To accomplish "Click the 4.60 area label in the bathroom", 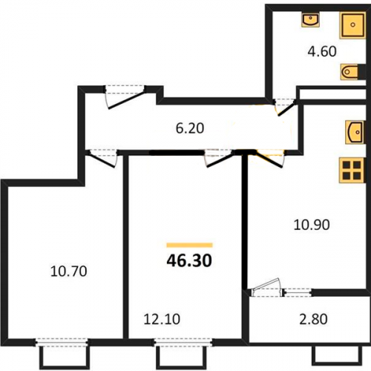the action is [x=322, y=52].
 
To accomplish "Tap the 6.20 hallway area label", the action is [x=190, y=128].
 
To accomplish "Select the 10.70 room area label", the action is [x=68, y=271].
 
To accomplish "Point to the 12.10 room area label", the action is [x=162, y=319].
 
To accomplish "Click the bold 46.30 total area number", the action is [x=189, y=260].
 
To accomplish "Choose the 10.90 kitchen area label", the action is [x=312, y=225].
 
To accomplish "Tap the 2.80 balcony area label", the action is [x=313, y=319].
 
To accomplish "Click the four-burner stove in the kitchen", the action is [x=352, y=170].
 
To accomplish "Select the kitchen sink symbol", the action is [x=355, y=132].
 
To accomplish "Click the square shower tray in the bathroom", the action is [x=352, y=25].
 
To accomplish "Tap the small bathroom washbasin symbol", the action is [x=310, y=20].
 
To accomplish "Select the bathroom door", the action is [x=285, y=107].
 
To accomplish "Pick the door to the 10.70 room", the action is [x=103, y=158].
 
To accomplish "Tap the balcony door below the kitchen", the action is [x=267, y=288].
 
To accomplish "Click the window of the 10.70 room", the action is [x=62, y=342].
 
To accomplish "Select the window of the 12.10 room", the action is [x=183, y=342].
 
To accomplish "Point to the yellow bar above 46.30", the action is [x=189, y=245].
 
